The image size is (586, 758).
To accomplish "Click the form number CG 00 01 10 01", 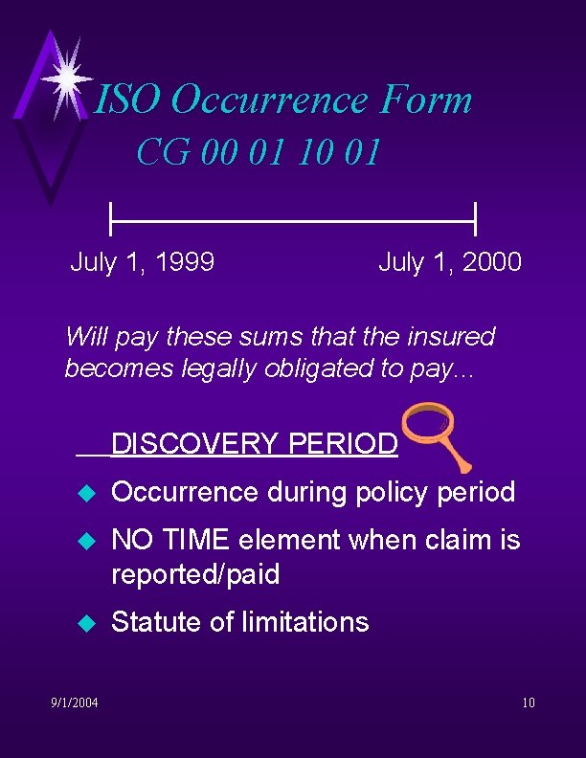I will pyautogui.click(x=259, y=151).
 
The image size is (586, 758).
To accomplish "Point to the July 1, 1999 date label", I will pyautogui.click(x=142, y=261).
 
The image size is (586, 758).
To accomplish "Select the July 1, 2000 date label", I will pyautogui.click(x=450, y=261).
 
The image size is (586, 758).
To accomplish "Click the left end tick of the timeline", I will pyautogui.click(x=112, y=219).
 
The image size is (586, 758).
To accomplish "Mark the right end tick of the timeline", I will pyautogui.click(x=475, y=219).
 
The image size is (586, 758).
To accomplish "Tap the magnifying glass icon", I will pyautogui.click(x=434, y=433).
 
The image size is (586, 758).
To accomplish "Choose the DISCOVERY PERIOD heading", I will pyautogui.click(x=254, y=444).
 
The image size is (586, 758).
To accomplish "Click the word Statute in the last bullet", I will pyautogui.click(x=148, y=622).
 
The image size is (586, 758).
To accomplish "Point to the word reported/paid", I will pyautogui.click(x=195, y=574).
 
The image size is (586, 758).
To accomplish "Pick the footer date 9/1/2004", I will pyautogui.click(x=74, y=704).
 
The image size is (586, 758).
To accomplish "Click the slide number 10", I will pyautogui.click(x=529, y=704).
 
